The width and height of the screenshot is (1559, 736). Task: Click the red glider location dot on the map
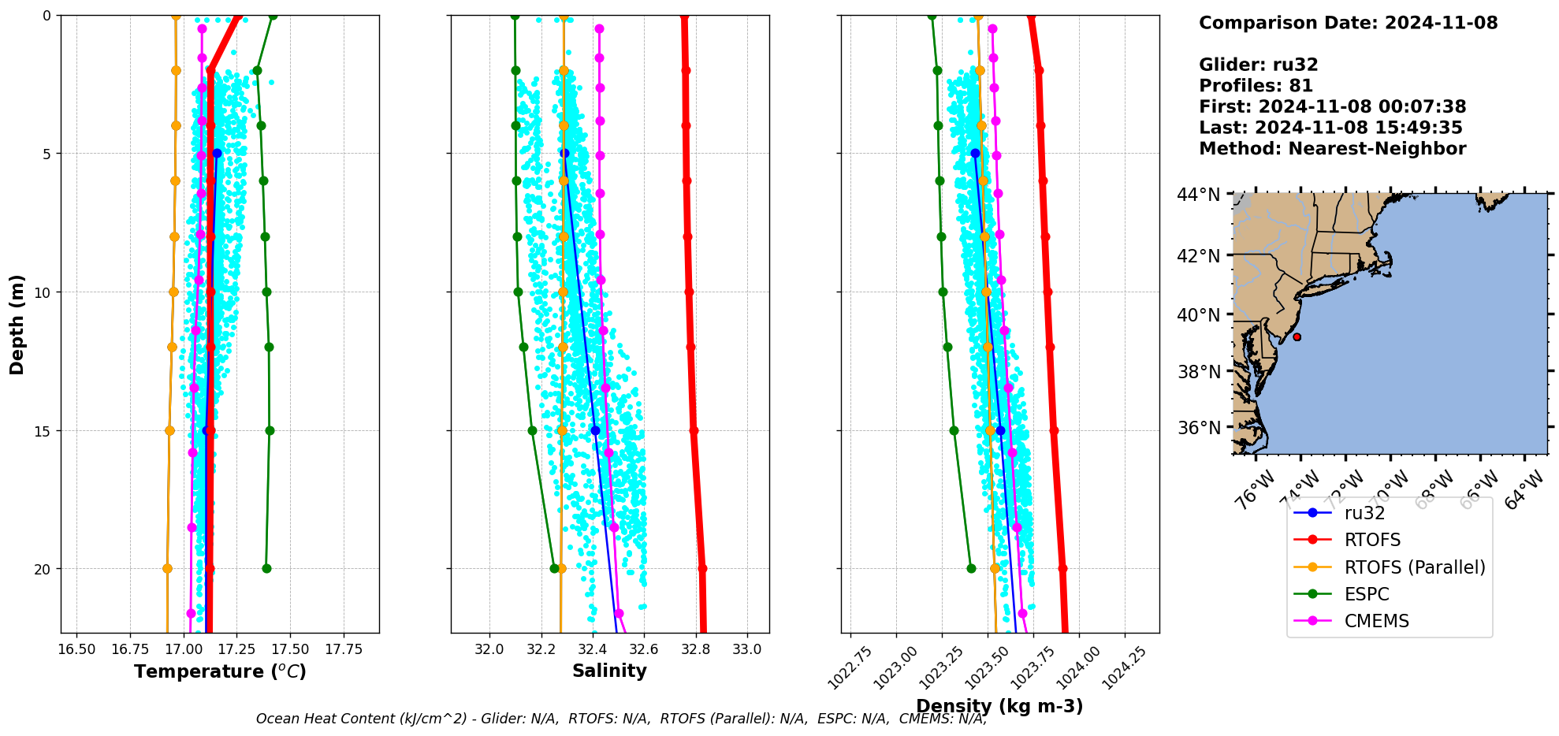(1297, 337)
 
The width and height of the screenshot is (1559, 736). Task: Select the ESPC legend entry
(1367, 594)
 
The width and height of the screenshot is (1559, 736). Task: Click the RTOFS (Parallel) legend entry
(1414, 567)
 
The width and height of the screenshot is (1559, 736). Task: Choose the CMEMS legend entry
(1376, 621)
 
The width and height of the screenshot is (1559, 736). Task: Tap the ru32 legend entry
(1364, 513)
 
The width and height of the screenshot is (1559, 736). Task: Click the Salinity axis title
(609, 671)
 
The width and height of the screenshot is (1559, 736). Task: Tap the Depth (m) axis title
(17, 325)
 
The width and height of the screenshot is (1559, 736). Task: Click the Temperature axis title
(220, 671)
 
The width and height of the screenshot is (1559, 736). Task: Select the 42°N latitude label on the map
(1198, 256)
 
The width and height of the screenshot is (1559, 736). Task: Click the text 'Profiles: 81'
(1256, 86)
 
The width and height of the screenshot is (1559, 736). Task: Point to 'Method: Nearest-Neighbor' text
(1332, 149)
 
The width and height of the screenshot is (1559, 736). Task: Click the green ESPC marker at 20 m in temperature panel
(266, 568)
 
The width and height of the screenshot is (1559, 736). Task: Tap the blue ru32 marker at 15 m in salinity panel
(595, 430)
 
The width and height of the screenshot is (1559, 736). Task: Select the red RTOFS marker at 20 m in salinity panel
(702, 568)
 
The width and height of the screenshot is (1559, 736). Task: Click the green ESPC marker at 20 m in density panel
(971, 568)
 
